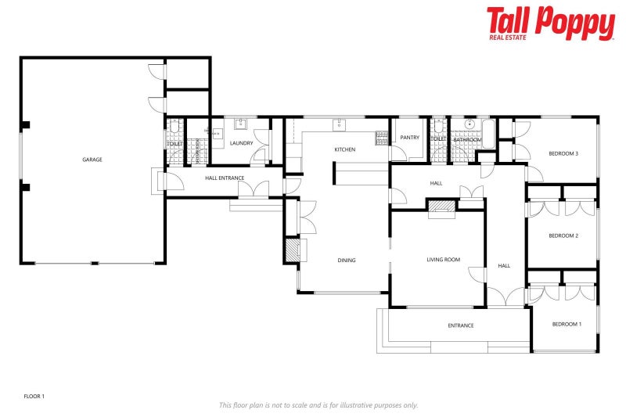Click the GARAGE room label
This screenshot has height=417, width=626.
[x=92, y=160]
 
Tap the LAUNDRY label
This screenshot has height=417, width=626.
[x=241, y=143]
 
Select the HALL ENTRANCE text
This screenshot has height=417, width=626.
[x=225, y=178]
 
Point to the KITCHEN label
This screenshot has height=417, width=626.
[x=345, y=149]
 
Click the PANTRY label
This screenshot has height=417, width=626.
[x=410, y=138]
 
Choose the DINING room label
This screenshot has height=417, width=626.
[x=347, y=261]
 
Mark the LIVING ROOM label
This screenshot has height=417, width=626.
[x=443, y=260]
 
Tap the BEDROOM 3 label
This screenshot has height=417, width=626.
[x=563, y=153]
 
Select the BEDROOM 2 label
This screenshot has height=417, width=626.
[x=563, y=235]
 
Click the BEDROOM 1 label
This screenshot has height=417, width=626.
[x=567, y=324]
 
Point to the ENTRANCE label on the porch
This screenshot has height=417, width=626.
[x=461, y=325]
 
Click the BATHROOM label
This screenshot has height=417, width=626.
[x=467, y=140]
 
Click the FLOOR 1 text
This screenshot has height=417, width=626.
[x=34, y=397]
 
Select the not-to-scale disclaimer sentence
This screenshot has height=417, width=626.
[x=318, y=404]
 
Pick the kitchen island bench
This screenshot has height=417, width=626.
[x=362, y=173]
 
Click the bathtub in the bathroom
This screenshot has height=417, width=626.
[x=487, y=133]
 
